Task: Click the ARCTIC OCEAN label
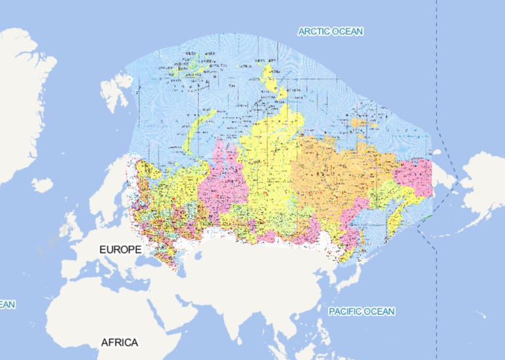(330, 32)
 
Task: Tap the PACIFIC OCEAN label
(362, 311)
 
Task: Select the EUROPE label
(120, 250)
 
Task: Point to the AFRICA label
(119, 343)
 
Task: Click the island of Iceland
(41, 186)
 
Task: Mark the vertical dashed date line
(437, 79)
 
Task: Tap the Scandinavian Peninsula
(105, 197)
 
